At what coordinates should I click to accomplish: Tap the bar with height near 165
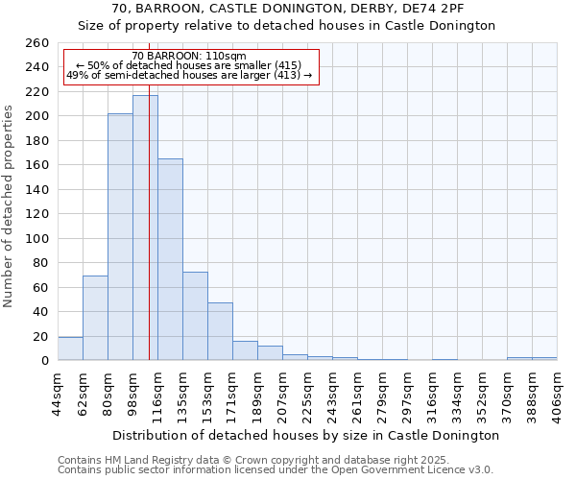170,259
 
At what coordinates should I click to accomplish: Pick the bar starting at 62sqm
95,318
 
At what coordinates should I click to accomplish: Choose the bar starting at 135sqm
195,316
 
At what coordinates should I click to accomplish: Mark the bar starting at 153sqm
220,331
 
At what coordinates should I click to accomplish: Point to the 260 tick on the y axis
37,43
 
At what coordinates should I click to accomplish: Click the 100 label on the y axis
37,238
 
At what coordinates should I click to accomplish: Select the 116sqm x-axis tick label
157,389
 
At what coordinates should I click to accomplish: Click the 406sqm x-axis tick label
557,389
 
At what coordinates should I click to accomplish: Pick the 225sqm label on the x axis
307,389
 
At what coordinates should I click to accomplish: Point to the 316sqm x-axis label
432,389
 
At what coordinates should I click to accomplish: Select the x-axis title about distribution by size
306,435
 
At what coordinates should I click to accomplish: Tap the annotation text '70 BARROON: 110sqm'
189,56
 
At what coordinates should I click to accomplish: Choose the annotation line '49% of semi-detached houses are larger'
189,75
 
